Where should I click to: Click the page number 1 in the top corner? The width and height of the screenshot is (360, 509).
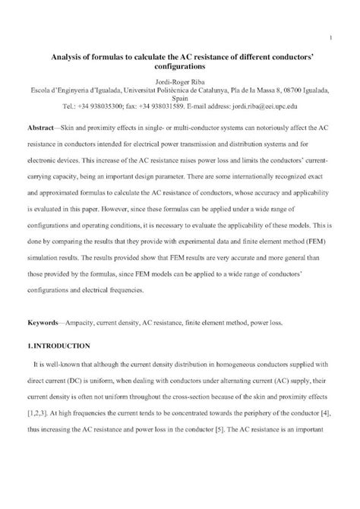point(332,36)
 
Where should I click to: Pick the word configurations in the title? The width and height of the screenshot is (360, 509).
point(180,67)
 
